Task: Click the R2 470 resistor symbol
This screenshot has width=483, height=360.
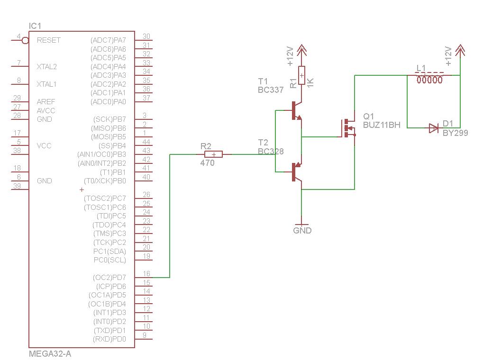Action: coord(213,154)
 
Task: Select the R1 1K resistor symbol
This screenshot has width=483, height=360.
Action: coord(301,75)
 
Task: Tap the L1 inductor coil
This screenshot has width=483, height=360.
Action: coord(429,79)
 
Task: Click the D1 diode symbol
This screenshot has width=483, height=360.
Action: coord(433,128)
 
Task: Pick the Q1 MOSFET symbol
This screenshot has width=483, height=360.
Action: coord(348,128)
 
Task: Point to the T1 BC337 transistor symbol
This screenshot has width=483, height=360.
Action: coord(296,110)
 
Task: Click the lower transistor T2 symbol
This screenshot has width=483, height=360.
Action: coord(296,172)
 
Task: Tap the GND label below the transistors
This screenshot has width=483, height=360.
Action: coord(302,231)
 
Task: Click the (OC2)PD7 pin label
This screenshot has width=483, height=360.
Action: coord(109,277)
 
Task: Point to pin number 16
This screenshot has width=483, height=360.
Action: coord(146,274)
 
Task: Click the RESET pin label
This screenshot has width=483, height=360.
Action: coord(48,40)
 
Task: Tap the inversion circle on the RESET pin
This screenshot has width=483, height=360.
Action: coord(25,41)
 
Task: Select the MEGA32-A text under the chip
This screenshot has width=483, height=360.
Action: coord(50,353)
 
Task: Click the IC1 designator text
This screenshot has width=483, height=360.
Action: coord(35,26)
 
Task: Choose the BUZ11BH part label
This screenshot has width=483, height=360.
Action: coord(382,125)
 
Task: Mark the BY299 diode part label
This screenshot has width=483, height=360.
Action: coord(455,133)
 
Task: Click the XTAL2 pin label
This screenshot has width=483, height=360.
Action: coord(46,67)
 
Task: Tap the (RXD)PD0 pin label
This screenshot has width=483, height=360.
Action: coord(109,339)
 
